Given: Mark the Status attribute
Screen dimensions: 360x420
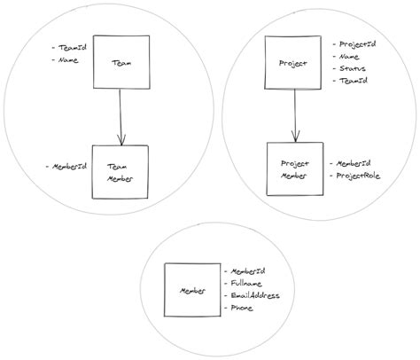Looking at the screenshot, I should point(351,68).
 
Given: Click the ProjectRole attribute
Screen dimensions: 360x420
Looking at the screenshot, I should point(357,176).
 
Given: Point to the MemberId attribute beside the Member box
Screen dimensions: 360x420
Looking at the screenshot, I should point(251,270).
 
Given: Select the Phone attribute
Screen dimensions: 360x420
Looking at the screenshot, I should point(244,308).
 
